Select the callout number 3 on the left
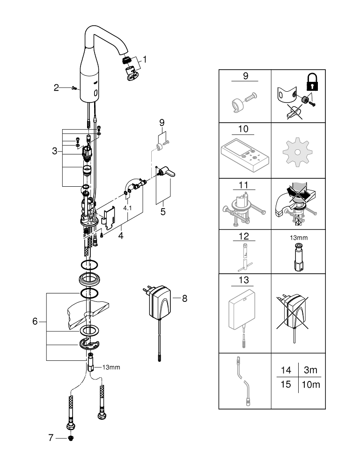click(55, 151)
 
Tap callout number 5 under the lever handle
click(162, 211)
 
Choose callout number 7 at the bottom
click(51, 438)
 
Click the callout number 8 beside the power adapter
click(184, 298)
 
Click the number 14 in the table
click(286, 370)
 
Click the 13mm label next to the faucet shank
click(111, 367)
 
